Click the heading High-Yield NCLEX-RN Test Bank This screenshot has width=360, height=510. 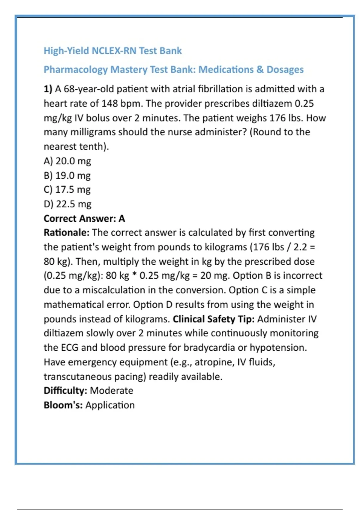click(x=112, y=51)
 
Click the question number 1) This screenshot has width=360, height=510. click(x=48, y=89)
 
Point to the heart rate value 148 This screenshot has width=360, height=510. click(x=109, y=103)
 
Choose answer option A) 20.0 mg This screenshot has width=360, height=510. click(x=67, y=161)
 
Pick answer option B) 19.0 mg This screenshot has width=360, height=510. click(x=67, y=175)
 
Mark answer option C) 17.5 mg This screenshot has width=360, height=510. click(x=67, y=190)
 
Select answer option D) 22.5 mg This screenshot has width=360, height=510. click(x=67, y=204)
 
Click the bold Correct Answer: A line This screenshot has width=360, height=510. click(x=84, y=218)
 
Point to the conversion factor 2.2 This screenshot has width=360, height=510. click(x=300, y=247)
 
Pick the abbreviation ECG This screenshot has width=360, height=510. click(x=70, y=348)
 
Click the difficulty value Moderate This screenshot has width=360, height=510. click(x=111, y=391)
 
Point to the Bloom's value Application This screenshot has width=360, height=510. click(x=110, y=405)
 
